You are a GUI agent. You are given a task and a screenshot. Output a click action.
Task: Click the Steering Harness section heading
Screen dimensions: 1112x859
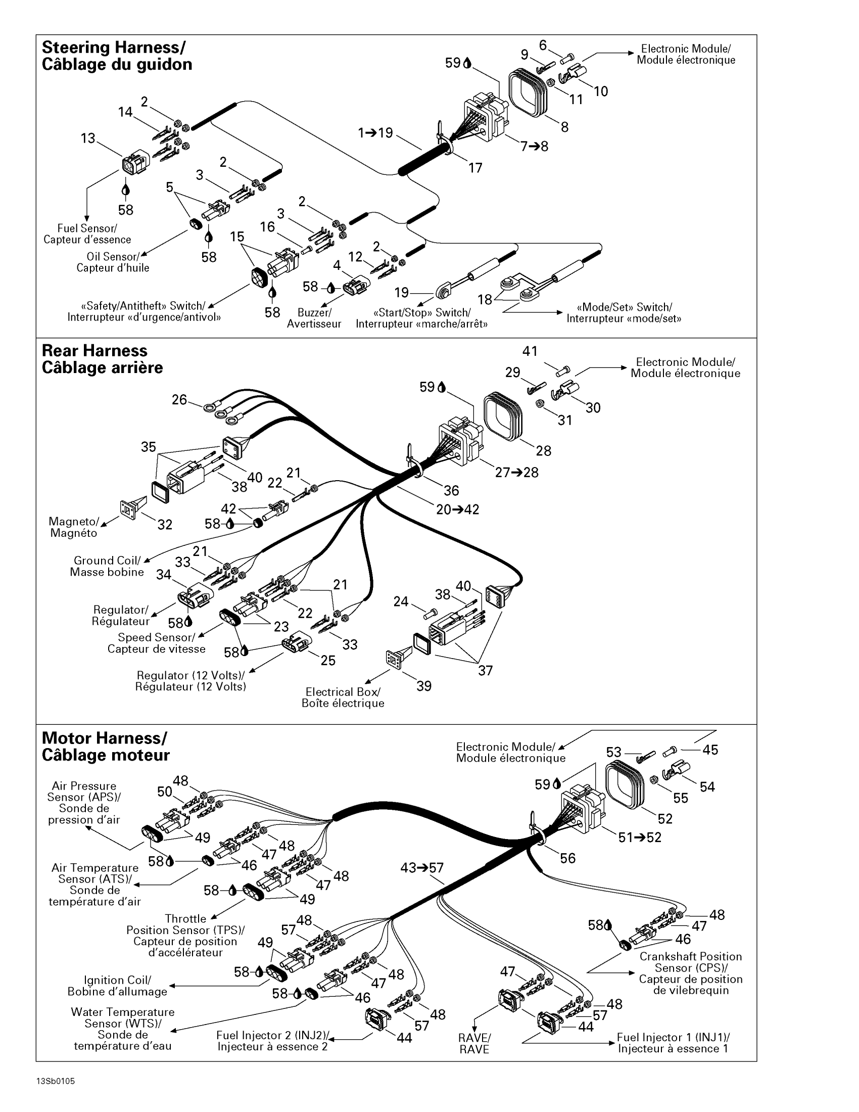click(x=117, y=56)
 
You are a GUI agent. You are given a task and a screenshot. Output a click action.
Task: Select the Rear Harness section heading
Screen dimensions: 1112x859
click(x=102, y=359)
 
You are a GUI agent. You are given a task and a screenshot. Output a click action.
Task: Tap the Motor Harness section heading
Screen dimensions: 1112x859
click(x=105, y=747)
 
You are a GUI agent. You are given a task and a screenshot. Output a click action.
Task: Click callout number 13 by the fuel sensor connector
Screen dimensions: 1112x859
click(x=88, y=138)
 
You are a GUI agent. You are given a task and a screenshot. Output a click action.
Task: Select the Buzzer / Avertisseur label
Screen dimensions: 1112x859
click(x=314, y=318)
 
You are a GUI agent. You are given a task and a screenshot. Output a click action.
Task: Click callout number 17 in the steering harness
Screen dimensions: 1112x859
click(x=475, y=168)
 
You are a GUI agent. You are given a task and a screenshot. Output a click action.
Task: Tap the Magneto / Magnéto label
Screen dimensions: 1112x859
click(x=73, y=527)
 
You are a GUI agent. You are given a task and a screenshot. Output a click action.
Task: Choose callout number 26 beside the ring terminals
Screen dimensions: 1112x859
click(x=179, y=400)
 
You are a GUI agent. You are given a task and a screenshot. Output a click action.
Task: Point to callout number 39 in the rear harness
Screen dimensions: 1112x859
click(x=424, y=686)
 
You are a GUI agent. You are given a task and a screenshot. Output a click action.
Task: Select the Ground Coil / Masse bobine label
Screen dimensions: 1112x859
click(x=107, y=566)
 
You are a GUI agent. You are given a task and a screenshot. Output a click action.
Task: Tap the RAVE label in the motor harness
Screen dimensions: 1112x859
click(x=474, y=1043)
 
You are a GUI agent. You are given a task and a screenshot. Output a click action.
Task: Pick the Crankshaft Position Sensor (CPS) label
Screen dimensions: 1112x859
click(x=691, y=973)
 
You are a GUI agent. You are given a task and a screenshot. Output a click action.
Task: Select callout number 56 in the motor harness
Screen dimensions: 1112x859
click(x=567, y=858)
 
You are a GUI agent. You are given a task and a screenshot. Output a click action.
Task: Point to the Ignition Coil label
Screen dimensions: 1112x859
click(x=117, y=986)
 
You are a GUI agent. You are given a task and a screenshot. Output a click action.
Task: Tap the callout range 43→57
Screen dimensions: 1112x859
click(x=422, y=867)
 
